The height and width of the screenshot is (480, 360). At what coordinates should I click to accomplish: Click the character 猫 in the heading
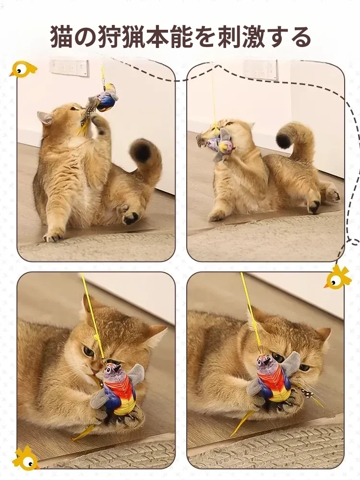pyautogui.click(x=61, y=37)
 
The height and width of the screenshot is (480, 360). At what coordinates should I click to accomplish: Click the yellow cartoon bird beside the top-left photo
pyautogui.click(x=23, y=69)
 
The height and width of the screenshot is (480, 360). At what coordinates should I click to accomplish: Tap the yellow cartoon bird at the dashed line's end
pyautogui.click(x=337, y=277)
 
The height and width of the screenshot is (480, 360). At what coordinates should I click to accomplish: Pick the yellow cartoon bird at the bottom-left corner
pyautogui.click(x=26, y=458)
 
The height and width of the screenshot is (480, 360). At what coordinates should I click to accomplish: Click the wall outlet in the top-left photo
pyautogui.click(x=69, y=68)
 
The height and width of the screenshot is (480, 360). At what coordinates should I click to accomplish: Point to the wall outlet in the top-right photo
pyautogui.click(x=261, y=70)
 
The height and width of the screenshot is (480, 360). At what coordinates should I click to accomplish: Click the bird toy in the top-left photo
pyautogui.click(x=104, y=98)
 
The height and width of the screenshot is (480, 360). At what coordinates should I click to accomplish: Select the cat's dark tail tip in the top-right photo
pyautogui.click(x=284, y=138)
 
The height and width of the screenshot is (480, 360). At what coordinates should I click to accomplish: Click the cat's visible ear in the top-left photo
pyautogui.click(x=45, y=118)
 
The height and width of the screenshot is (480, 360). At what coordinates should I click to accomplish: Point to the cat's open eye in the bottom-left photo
pyautogui.click(x=89, y=352)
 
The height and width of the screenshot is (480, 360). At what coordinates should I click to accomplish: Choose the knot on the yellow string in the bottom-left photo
pyautogui.click(x=97, y=337)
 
